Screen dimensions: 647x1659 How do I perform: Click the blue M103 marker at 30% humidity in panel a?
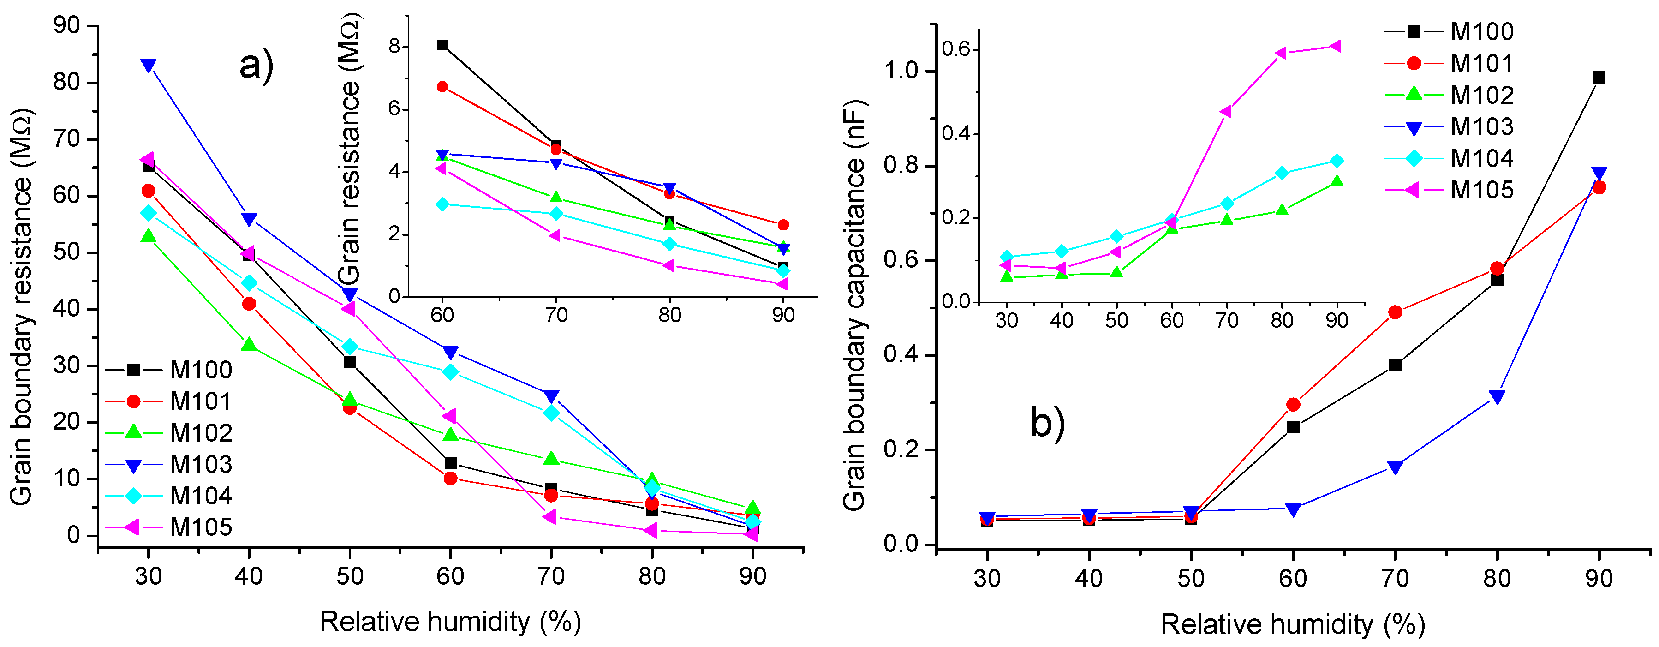(148, 65)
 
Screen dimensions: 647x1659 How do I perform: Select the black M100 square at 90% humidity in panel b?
(1599, 78)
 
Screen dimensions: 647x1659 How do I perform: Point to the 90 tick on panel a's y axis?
(67, 26)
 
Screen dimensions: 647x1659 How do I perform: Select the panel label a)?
(257, 65)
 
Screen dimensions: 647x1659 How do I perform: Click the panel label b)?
(1048, 423)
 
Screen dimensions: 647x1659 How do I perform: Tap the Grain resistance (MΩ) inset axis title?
(349, 148)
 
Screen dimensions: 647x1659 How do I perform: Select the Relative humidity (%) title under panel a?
(450, 622)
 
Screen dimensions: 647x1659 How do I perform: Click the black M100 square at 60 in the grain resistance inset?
(442, 45)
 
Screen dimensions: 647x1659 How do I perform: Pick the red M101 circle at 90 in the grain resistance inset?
(783, 225)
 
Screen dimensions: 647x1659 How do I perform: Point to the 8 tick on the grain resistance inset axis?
(394, 47)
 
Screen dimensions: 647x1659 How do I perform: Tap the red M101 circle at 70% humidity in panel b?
(1395, 312)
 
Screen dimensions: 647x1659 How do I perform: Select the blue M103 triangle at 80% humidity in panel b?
(1497, 397)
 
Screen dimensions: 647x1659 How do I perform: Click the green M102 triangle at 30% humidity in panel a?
(148, 236)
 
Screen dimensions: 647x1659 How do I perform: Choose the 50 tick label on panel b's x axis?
(1191, 579)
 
